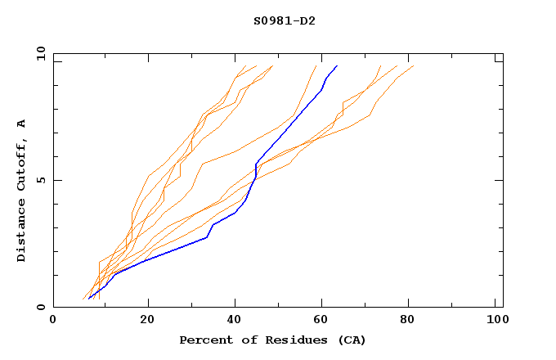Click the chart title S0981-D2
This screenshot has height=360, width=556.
(284, 20)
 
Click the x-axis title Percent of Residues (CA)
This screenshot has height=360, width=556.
(272, 340)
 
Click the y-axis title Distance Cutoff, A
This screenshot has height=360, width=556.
(21, 190)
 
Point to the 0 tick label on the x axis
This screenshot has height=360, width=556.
(53, 321)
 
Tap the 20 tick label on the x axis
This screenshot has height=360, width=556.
(147, 321)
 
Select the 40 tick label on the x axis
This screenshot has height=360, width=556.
(235, 321)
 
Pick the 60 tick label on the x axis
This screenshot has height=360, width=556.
(324, 321)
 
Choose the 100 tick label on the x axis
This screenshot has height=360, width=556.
(496, 321)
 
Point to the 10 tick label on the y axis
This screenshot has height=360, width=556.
(39, 53)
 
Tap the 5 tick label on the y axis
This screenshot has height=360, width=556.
(39, 180)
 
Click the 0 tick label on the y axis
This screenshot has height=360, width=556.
(39, 307)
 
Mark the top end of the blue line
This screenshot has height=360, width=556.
(336, 66)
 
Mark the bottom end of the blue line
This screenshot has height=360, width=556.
(89, 298)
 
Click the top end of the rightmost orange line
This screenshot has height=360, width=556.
(414, 66)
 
